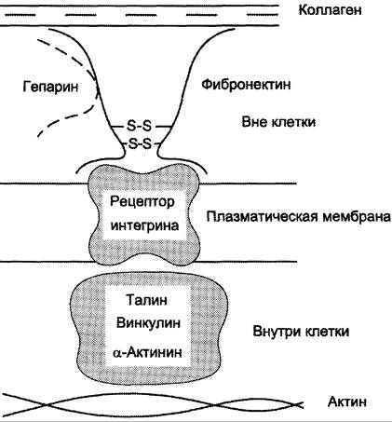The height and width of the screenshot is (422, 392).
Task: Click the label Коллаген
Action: click(x=330, y=10)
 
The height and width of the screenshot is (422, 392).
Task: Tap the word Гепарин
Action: click(x=50, y=87)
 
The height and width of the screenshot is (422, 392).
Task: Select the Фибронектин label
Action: click(x=246, y=84)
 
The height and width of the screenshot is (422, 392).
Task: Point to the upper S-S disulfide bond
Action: click(x=139, y=126)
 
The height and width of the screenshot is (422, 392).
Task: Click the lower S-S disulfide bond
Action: click(x=140, y=143)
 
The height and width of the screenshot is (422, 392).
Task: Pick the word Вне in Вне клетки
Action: click(x=254, y=122)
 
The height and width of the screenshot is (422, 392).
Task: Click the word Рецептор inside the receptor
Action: click(x=142, y=202)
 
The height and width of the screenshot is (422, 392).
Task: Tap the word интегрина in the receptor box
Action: click(x=144, y=225)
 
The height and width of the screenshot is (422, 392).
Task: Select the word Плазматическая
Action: click(x=263, y=217)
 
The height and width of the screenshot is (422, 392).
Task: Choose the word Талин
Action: click(x=147, y=300)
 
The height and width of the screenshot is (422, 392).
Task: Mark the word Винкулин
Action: click(x=148, y=323)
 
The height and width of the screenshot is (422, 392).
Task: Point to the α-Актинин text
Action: click(x=147, y=352)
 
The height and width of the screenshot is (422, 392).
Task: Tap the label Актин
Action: click(x=347, y=402)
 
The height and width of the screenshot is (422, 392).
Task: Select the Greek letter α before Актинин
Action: click(x=117, y=353)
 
